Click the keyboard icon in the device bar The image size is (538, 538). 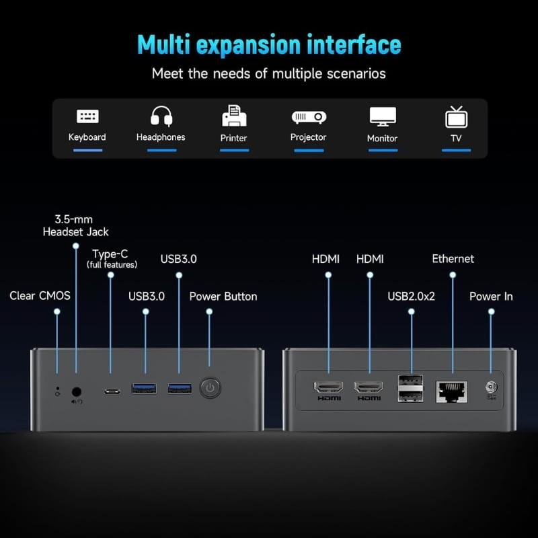coord(87,116)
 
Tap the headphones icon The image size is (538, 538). coord(161,116)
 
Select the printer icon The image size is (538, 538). coord(234,116)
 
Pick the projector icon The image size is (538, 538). coord(308,116)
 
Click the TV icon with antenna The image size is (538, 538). coord(456,116)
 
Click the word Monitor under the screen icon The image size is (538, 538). coord(382,138)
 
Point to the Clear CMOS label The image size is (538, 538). coord(40,296)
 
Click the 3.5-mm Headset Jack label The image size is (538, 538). coord(75,225)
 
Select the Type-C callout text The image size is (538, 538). coord(110,254)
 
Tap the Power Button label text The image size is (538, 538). coord(223,296)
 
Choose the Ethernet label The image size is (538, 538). coord(453,258)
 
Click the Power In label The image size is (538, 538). coord(491,296)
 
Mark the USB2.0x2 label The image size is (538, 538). coord(412,296)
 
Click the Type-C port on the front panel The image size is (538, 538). coord(112,391)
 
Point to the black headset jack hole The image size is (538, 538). coord(77,390)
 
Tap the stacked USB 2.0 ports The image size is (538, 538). coord(411,388)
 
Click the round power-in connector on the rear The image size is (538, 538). coord(491,387)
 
